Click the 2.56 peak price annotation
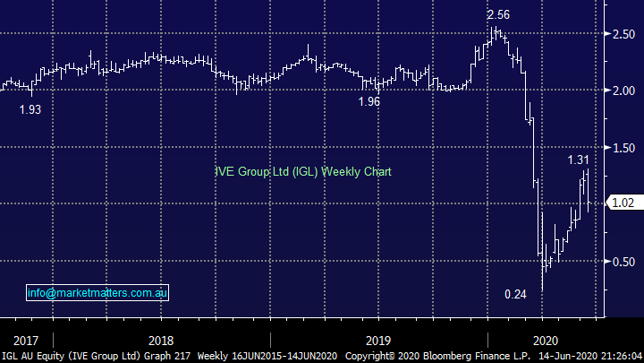498,15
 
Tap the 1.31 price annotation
579,160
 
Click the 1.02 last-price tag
623,203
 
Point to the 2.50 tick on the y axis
623,33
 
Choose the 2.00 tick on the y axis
623,90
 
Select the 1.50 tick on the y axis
623,147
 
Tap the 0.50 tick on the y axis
623,261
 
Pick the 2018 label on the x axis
161,340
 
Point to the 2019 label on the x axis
378,340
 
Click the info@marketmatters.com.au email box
97,292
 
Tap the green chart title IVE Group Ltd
303,171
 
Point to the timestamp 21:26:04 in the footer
616,356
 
